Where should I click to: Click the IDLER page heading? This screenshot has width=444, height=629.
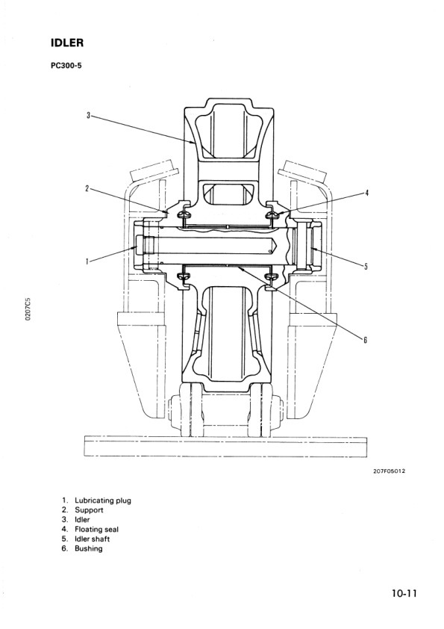[x=67, y=43]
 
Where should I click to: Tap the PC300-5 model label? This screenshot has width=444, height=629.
[x=66, y=66]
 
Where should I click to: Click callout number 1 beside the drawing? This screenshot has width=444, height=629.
[x=87, y=261]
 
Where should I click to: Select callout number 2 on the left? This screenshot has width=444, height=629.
[x=87, y=188]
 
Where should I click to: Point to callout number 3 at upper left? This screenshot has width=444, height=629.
[x=89, y=116]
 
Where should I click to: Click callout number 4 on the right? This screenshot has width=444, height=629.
[x=366, y=193]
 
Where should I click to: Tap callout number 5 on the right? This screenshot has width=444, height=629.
[x=366, y=267]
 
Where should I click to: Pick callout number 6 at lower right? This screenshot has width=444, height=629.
[x=365, y=340]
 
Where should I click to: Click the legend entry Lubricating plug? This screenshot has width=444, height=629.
[x=102, y=501]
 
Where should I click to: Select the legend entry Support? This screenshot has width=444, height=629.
[x=89, y=510]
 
